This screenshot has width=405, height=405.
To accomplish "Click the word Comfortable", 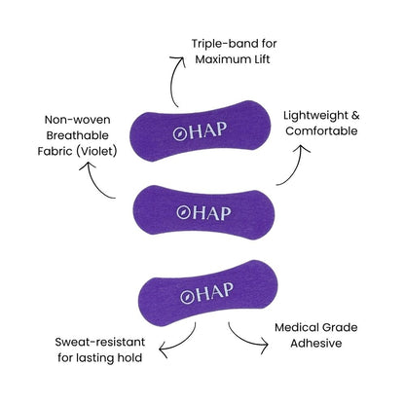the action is pos(321,131).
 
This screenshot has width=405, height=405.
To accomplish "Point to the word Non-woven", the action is pos(77,120).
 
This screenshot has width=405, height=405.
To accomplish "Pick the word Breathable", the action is pos(77,135).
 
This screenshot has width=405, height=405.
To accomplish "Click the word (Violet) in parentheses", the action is pos(96,151).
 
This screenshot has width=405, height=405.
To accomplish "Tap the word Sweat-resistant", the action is pos(100,342).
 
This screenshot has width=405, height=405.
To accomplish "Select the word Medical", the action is pos(296,327).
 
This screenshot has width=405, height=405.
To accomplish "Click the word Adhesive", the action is pos(316,344).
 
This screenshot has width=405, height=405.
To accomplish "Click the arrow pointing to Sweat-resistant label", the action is pos(182,344).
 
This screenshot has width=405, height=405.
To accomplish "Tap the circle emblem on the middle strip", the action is pos(183,212).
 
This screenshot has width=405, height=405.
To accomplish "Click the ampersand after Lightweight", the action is pos(355,116).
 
